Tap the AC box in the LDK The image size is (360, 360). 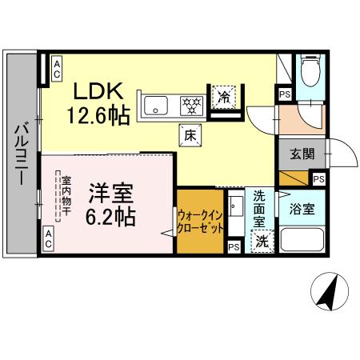click(58, 68)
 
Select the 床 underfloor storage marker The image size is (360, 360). click(190, 136)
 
